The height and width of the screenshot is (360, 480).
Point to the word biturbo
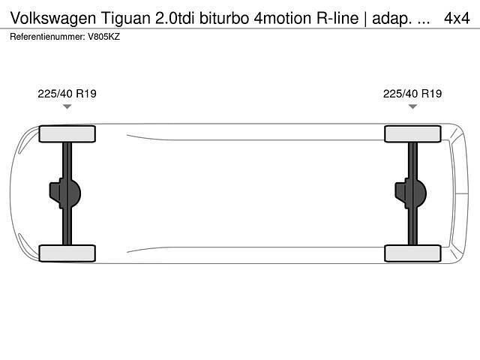click(219, 16)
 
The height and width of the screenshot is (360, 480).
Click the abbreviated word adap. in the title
click(388, 16)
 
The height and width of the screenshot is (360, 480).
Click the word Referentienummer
click(47, 36)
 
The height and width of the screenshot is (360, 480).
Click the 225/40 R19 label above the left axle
click(67, 94)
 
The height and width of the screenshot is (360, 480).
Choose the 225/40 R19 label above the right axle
click(412, 94)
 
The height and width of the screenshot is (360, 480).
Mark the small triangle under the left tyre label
click(67, 107)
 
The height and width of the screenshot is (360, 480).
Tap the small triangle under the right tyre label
click(412, 107)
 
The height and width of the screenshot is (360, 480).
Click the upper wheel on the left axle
click(67, 133)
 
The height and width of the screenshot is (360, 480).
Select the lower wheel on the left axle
click(67, 253)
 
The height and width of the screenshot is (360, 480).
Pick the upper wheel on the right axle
click(412, 133)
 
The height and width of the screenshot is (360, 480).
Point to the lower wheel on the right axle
click(412, 253)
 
